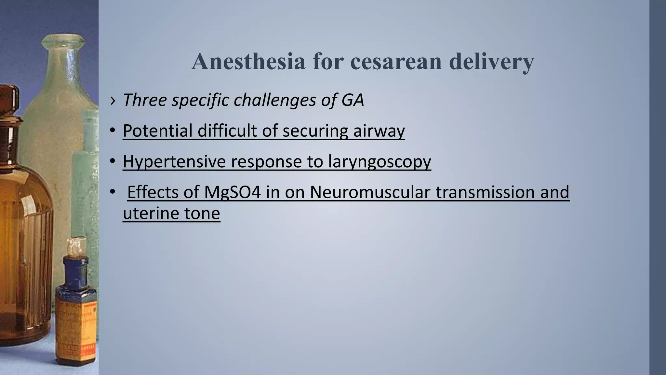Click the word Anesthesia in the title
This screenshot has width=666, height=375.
(x=248, y=62)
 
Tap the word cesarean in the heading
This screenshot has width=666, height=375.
(x=396, y=62)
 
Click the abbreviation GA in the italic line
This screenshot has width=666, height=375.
(x=353, y=100)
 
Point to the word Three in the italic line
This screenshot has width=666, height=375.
(x=144, y=100)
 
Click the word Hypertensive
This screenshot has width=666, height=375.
(x=174, y=161)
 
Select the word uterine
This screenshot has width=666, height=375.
(x=151, y=213)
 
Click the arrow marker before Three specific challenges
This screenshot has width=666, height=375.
(x=113, y=100)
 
